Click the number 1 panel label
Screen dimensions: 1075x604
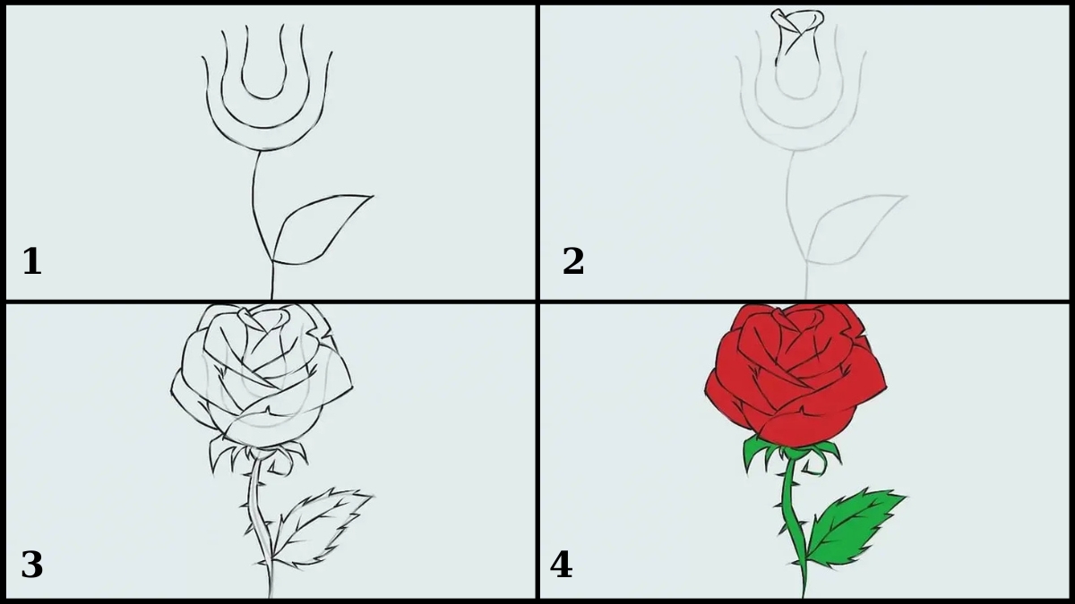32,261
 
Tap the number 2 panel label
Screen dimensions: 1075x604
573,261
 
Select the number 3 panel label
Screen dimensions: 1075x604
32,565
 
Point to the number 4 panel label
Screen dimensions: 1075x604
561,565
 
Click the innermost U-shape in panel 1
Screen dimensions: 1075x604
264,98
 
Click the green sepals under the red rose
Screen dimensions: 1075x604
792,455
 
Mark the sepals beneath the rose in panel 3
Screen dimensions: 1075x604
259,455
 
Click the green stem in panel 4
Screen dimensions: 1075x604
791,518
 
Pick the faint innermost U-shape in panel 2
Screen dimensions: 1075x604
798,98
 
